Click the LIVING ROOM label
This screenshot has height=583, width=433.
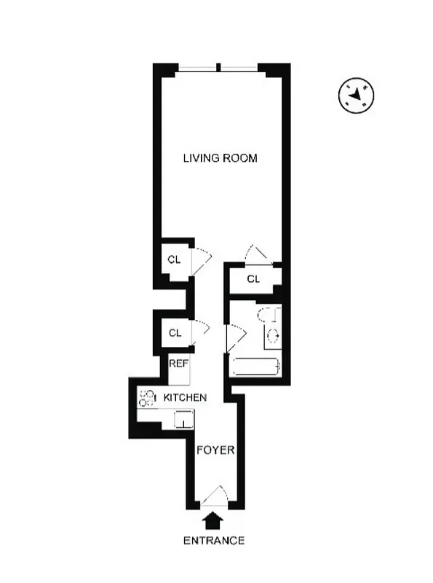[220, 158]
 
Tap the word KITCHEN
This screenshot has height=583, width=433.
[185, 398]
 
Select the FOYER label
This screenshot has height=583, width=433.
[216, 450]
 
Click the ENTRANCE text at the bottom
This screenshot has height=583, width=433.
[213, 541]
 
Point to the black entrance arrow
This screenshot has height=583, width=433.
[213, 520]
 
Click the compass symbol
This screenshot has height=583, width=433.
[357, 95]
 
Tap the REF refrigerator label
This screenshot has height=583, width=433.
[178, 364]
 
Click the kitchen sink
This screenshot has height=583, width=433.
[183, 419]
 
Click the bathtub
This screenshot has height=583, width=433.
[255, 367]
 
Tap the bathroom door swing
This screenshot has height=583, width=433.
[237, 337]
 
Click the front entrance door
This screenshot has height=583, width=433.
[214, 498]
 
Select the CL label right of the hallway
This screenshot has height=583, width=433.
[253, 279]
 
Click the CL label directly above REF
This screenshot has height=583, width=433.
[175, 333]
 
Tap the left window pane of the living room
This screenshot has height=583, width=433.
[198, 69]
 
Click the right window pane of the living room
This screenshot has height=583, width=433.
[239, 69]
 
